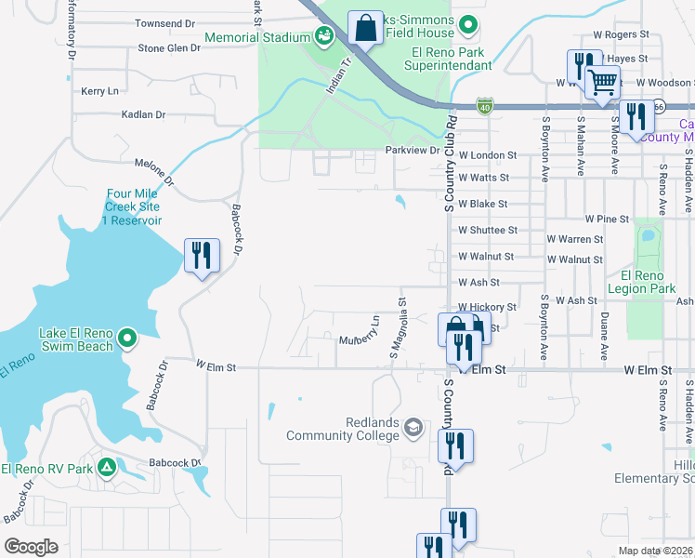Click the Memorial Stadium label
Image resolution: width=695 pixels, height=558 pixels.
(x=256, y=37)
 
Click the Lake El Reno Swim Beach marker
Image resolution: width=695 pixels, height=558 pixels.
(x=129, y=338)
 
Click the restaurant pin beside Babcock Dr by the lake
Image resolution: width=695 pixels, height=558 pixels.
(x=202, y=256)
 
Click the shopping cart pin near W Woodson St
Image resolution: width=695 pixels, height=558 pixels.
(x=603, y=83)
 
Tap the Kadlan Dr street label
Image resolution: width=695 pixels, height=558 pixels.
(x=143, y=115)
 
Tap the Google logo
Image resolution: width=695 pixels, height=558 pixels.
(x=31, y=547)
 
